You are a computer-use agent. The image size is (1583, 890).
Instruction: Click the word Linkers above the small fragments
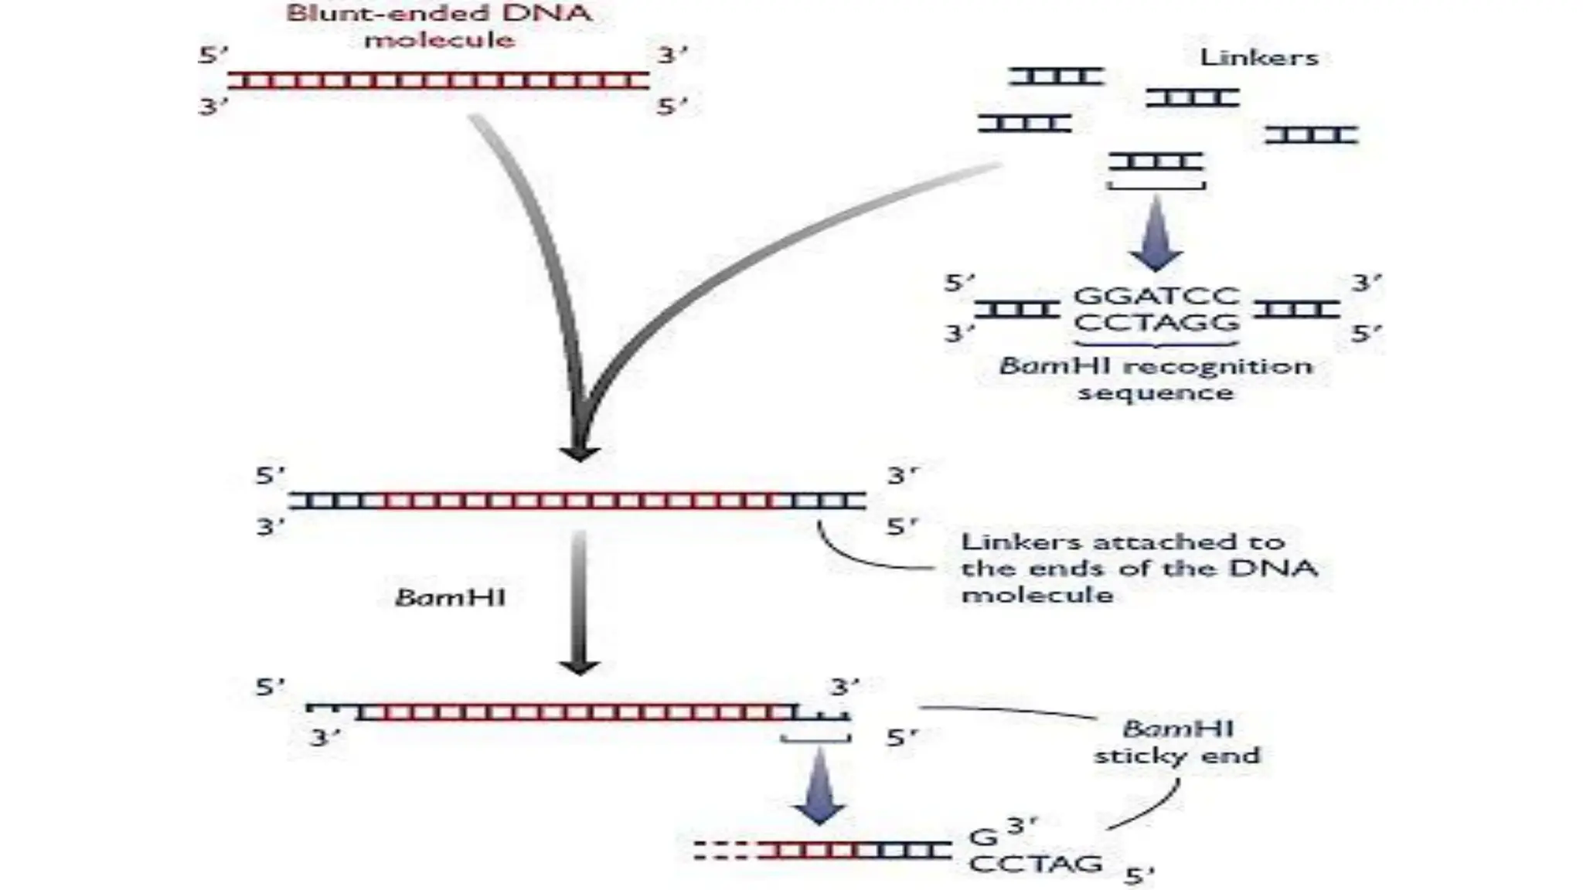click(x=1258, y=57)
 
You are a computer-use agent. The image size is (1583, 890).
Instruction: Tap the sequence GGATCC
click(x=1156, y=296)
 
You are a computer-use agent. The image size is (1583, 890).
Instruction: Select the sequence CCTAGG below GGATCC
click(x=1156, y=322)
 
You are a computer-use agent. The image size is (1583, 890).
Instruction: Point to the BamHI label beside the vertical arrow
click(x=450, y=597)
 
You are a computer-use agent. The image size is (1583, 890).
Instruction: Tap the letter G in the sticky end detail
click(x=982, y=837)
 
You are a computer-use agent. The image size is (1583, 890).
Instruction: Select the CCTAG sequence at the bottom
click(x=1035, y=864)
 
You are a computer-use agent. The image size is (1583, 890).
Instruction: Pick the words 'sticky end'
click(x=1176, y=755)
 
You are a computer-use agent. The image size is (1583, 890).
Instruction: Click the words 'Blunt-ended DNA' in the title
click(x=439, y=13)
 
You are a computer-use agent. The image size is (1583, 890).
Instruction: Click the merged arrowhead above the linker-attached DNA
click(x=580, y=452)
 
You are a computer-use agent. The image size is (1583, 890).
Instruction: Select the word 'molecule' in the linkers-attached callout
click(x=1037, y=595)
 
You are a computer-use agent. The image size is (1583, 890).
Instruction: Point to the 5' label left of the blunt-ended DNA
click(x=213, y=56)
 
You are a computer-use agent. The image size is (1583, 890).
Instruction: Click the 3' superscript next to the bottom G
click(x=1022, y=825)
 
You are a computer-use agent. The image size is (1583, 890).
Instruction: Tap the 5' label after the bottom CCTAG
click(x=1139, y=875)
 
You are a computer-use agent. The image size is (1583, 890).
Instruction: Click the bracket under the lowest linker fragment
click(x=1156, y=186)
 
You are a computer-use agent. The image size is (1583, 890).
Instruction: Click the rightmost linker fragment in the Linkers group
click(x=1311, y=135)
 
